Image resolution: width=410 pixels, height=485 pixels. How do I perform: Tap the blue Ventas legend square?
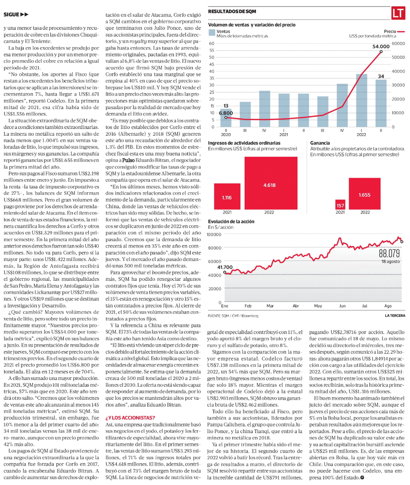212,33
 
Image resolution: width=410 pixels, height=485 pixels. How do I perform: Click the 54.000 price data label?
380,46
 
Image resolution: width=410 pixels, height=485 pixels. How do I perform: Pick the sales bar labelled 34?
381,103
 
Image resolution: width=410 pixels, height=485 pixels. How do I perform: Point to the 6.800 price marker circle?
226,117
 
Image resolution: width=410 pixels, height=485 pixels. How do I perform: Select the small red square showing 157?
340,204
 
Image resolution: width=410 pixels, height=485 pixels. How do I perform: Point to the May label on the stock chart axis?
318,306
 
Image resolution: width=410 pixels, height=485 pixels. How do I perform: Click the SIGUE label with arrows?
16,15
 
